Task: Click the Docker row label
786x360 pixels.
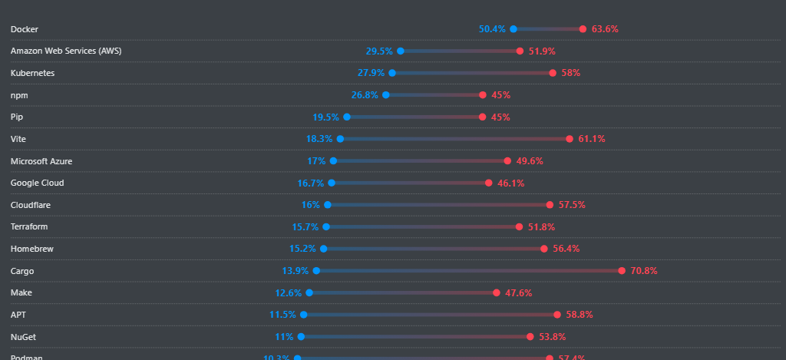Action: click(25, 29)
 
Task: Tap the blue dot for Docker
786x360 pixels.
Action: click(514, 29)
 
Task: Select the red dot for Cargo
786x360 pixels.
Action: click(622, 271)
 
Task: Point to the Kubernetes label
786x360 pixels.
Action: click(33, 73)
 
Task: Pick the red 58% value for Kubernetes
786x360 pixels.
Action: click(570, 73)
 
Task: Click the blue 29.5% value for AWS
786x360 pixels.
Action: click(379, 51)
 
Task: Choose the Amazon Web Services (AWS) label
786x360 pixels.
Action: click(66, 51)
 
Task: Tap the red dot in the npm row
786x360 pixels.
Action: click(483, 95)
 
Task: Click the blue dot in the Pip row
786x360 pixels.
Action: click(347, 117)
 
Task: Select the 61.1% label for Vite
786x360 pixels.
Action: click(592, 139)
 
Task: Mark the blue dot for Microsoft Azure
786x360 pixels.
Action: click(333, 161)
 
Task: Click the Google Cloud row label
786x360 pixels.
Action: click(37, 183)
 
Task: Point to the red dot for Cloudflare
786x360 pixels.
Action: click(550, 205)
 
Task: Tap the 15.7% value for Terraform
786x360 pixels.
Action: click(305, 227)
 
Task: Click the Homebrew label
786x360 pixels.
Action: click(32, 249)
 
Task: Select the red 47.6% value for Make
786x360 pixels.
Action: click(518, 293)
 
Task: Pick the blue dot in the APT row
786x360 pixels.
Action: click(304, 315)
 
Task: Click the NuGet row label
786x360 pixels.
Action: click(23, 337)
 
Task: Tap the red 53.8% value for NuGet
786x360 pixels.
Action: click(553, 337)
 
